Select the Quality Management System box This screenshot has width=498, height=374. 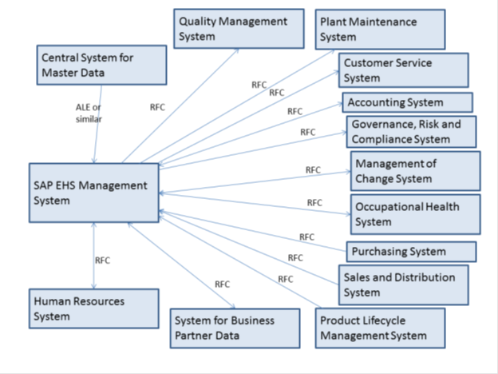pyautogui.click(x=239, y=29)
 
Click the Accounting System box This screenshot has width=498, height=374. pyautogui.click(x=408, y=102)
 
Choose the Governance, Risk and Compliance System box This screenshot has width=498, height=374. pyautogui.click(x=411, y=132)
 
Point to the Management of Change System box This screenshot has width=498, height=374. pyautogui.click(x=416, y=171)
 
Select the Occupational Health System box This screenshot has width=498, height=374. pyautogui.click(x=416, y=214)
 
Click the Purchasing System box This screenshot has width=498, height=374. pyautogui.click(x=411, y=252)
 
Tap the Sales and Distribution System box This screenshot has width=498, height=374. pyautogui.click(x=403, y=284)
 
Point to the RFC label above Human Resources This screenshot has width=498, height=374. pyautogui.click(x=102, y=260)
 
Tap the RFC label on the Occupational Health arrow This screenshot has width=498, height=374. pyautogui.click(x=314, y=203)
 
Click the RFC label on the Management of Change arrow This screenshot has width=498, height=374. pyautogui.click(x=313, y=169)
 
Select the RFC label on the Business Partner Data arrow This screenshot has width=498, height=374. pyautogui.click(x=222, y=284)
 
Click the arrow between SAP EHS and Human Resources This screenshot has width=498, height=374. pyautogui.click(x=94, y=256)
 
